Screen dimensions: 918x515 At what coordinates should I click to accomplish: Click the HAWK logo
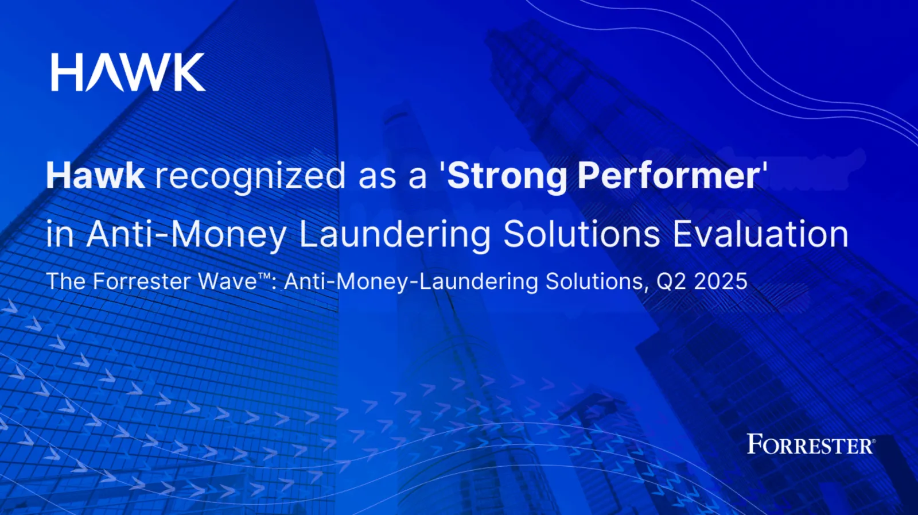point(129,72)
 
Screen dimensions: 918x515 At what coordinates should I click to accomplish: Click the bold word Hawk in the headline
point(95,176)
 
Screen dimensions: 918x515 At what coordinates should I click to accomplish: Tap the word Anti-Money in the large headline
point(186,235)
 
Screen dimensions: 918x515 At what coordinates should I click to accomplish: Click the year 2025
point(721,282)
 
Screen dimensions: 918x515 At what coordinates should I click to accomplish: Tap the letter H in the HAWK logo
point(65,72)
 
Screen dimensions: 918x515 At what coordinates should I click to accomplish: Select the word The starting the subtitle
point(67,282)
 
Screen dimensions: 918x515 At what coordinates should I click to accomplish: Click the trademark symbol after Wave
point(264,277)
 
